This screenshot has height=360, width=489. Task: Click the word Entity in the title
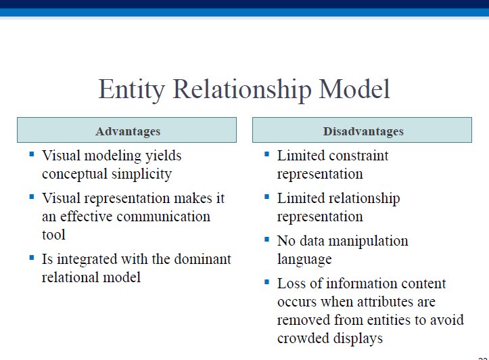(x=132, y=90)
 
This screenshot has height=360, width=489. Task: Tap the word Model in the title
(x=354, y=89)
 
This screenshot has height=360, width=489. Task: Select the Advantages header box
(x=126, y=130)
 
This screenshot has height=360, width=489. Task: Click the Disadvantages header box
(x=362, y=130)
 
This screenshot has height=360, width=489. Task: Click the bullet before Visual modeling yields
(x=32, y=154)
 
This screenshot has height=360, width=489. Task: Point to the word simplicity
(x=141, y=175)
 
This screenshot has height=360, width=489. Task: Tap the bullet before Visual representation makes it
(x=32, y=196)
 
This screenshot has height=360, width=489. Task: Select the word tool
(x=53, y=235)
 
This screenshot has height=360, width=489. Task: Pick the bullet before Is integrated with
(x=32, y=257)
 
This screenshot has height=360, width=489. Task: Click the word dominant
(x=203, y=259)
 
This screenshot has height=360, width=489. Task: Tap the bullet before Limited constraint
(x=266, y=154)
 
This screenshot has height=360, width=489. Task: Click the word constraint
(x=356, y=156)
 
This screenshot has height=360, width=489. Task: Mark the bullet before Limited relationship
(x=266, y=196)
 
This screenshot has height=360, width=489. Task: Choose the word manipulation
(x=369, y=242)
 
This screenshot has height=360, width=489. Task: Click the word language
(x=304, y=260)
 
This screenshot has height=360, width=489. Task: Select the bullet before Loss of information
(x=266, y=282)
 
